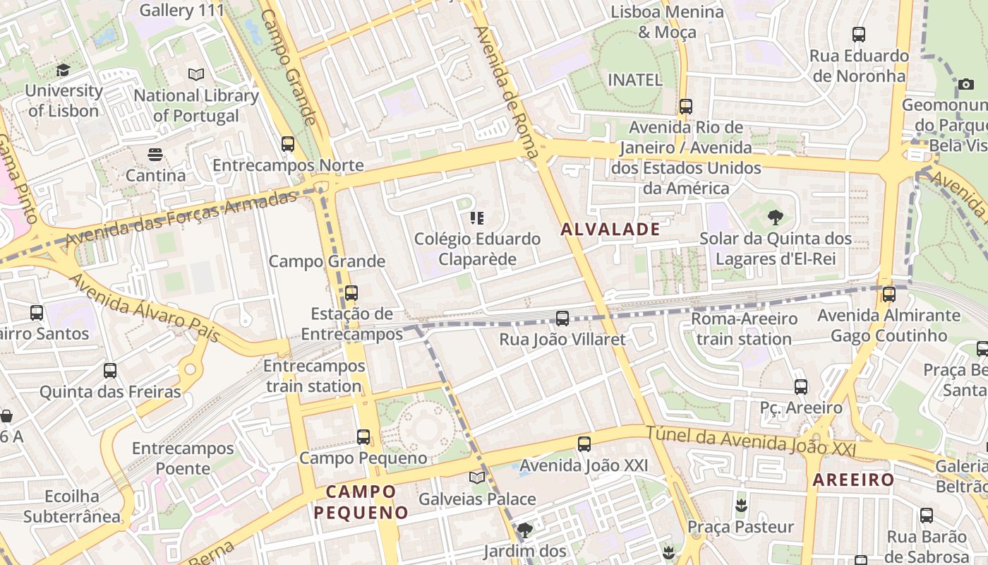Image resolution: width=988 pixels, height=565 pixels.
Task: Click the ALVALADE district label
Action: tap(610, 229)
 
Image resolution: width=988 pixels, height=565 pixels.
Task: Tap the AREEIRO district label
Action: tap(853, 480)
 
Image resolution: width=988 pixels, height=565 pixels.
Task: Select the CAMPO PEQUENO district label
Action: tap(361, 502)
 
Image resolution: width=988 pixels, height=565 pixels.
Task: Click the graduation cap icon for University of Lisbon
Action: tap(64, 70)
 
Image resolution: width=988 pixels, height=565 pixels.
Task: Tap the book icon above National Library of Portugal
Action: tap(195, 74)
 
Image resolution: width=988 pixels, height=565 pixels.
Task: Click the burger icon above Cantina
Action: tap(155, 154)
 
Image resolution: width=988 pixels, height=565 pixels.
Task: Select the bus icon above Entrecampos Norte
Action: tap(288, 144)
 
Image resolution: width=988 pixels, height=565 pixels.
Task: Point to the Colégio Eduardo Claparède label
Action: tap(477, 249)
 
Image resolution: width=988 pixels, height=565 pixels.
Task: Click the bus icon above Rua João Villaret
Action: tap(562, 319)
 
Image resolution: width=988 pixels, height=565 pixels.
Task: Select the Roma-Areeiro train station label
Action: tap(744, 328)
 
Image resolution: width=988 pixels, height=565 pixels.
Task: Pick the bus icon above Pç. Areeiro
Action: tap(800, 387)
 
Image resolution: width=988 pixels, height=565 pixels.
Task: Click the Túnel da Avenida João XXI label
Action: tap(751, 441)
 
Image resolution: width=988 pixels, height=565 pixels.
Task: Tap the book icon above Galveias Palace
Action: tap(477, 478)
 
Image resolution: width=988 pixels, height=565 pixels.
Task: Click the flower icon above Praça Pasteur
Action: tap(740, 506)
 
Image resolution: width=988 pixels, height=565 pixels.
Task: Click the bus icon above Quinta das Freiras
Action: tap(110, 371)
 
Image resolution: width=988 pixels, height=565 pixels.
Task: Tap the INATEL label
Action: tap(635, 80)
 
